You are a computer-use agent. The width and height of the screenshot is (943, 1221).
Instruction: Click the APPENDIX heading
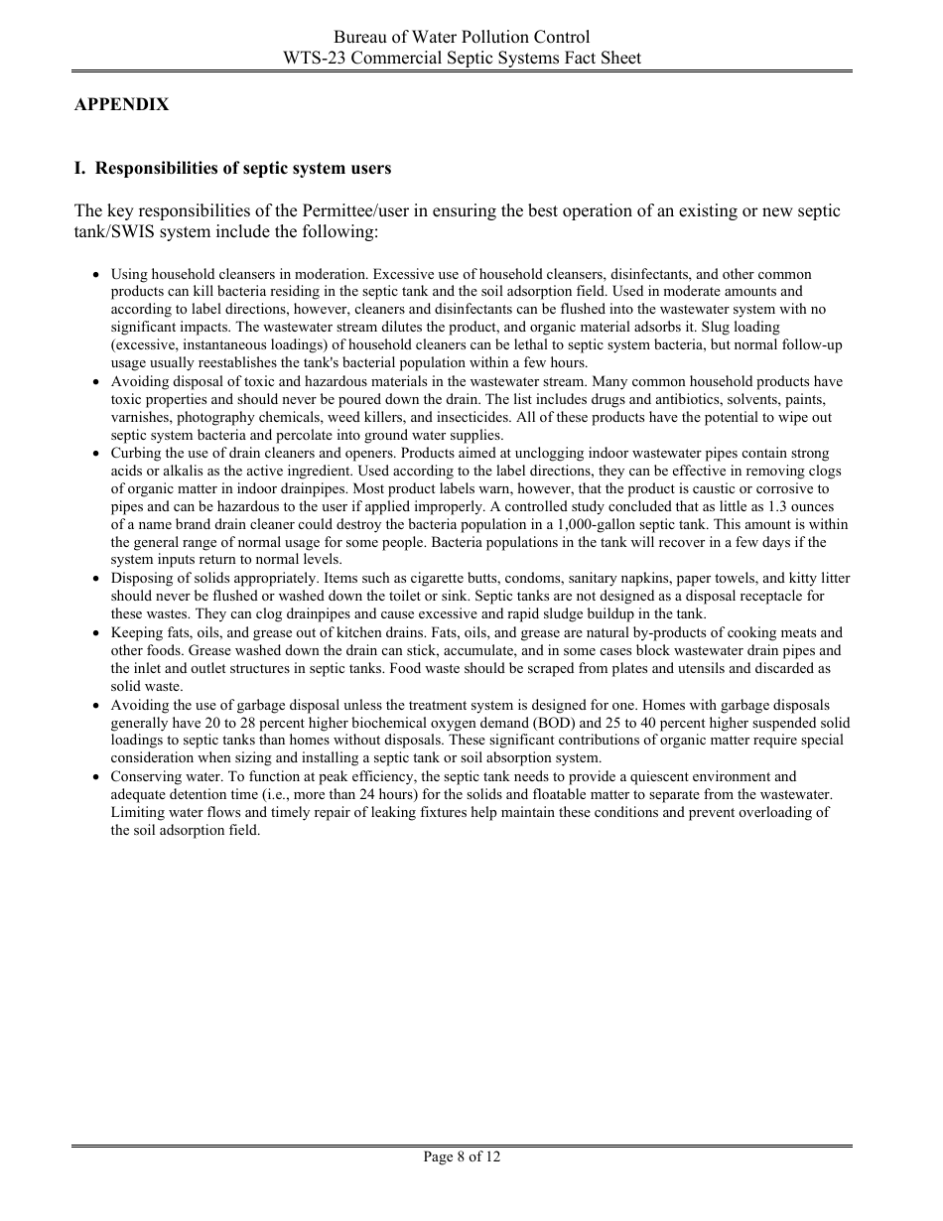tap(121, 104)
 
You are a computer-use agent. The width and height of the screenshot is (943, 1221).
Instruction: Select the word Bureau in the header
tap(361, 38)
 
